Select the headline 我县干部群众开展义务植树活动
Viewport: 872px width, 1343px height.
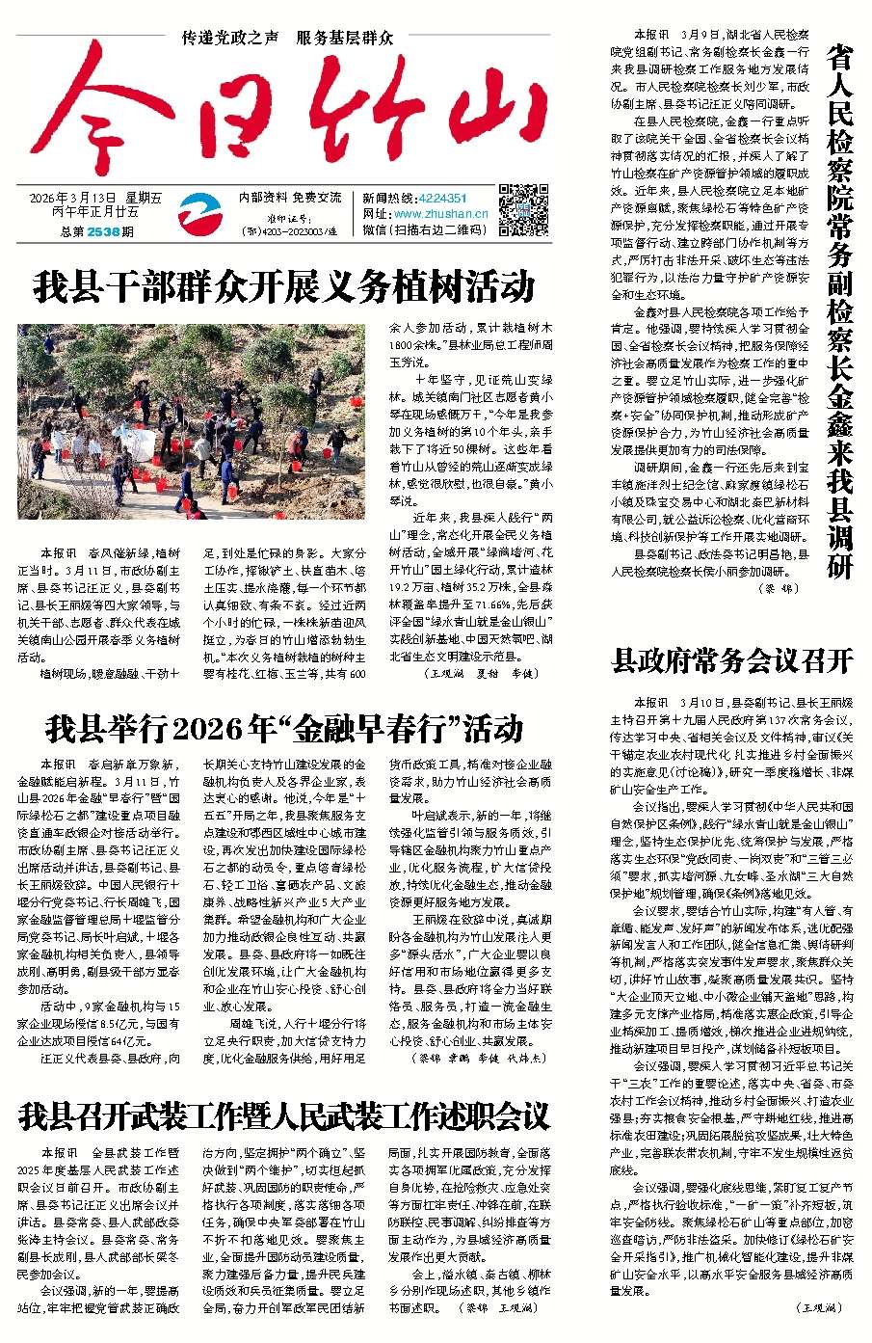pyautogui.click(x=284, y=286)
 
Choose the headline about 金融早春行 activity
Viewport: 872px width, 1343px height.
pyautogui.click(x=284, y=728)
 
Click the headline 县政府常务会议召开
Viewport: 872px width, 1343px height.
pyautogui.click(x=733, y=660)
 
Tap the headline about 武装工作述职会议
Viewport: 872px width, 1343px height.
pyautogui.click(x=284, y=1116)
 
